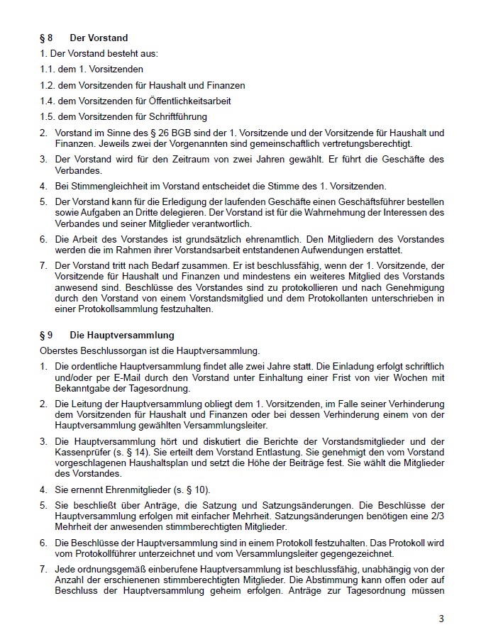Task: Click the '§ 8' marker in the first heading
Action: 46,38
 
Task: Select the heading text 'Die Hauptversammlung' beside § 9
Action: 121,335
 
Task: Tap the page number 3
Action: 441,619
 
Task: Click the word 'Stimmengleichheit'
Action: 101,186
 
